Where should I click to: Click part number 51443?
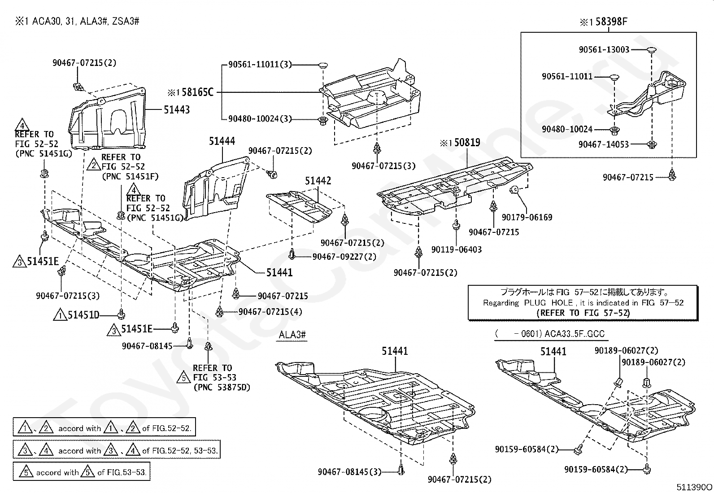(177, 110)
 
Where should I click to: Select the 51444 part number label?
(222, 141)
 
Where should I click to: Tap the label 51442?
(318, 181)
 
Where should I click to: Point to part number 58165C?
(198, 92)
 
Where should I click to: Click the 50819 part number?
(467, 142)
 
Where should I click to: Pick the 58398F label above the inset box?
(612, 22)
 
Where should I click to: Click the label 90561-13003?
(604, 49)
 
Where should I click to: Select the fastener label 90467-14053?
(604, 144)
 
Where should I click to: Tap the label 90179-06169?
(527, 217)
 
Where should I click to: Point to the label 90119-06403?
(457, 249)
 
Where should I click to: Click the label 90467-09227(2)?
(344, 257)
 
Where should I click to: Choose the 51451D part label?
(83, 315)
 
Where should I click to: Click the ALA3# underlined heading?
(292, 335)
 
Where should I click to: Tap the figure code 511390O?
(694, 487)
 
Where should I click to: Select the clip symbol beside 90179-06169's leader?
(514, 190)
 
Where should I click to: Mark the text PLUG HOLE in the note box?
(548, 303)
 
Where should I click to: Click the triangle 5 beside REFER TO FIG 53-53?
(183, 377)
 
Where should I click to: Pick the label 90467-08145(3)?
(349, 471)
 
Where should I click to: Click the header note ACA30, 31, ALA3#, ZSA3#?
(86, 22)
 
